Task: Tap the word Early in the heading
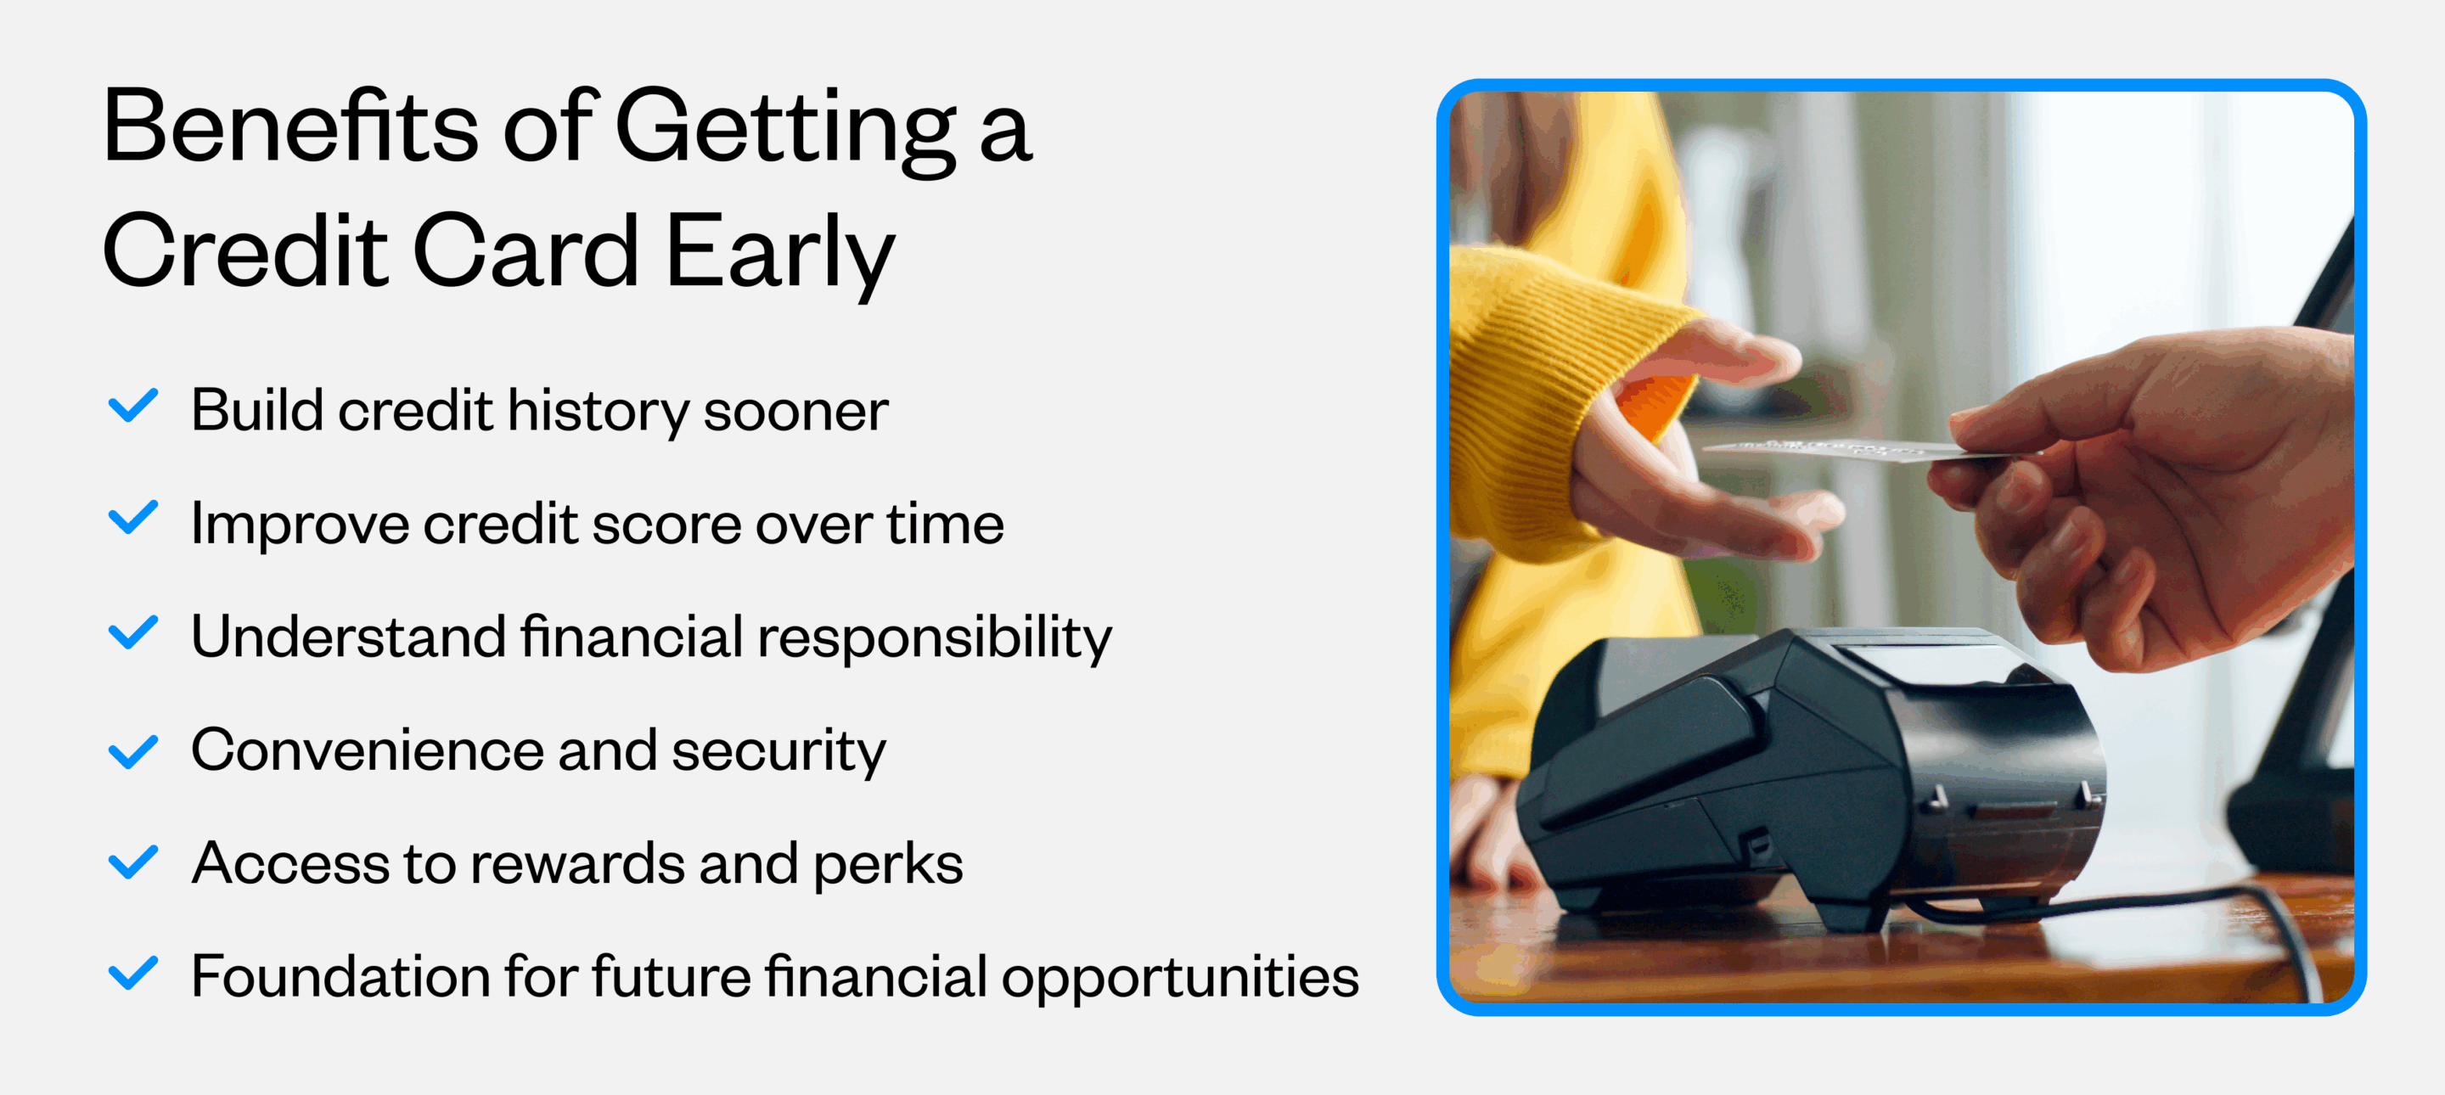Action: click(x=780, y=251)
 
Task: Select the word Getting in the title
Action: click(x=786, y=128)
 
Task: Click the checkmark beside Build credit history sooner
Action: click(x=133, y=406)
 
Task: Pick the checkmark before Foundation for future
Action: click(x=133, y=974)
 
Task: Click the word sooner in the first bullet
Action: click(x=795, y=412)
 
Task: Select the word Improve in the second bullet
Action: click(x=299, y=525)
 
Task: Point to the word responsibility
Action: click(x=934, y=637)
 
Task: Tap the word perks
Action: click(x=887, y=864)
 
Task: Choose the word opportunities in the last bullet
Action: click(x=1180, y=977)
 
